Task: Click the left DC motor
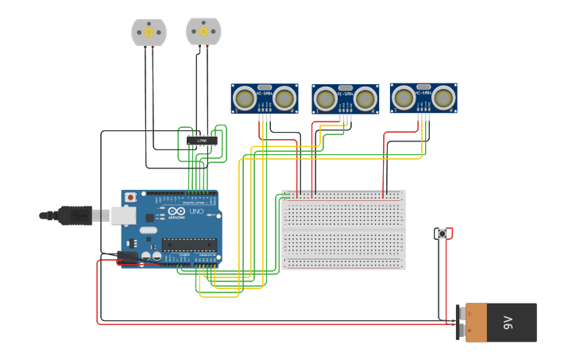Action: coord(149,32)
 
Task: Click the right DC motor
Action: coord(203,31)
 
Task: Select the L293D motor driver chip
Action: coord(202,141)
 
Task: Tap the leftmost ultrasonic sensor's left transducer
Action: coord(245,99)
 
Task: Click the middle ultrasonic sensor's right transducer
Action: coord(365,99)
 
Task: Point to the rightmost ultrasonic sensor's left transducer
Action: coord(403,98)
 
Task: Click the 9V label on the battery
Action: coord(508,323)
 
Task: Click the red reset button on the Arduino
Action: coord(130,197)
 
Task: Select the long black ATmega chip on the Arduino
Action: coord(188,244)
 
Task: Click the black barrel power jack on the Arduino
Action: coord(128,257)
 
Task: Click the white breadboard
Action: coord(343,230)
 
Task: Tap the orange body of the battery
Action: coord(476,323)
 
